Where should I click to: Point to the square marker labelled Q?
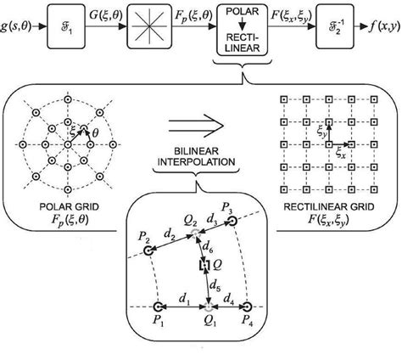pos(203,267)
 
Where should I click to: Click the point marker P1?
pos(157,306)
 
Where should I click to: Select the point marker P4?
pos(247,306)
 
